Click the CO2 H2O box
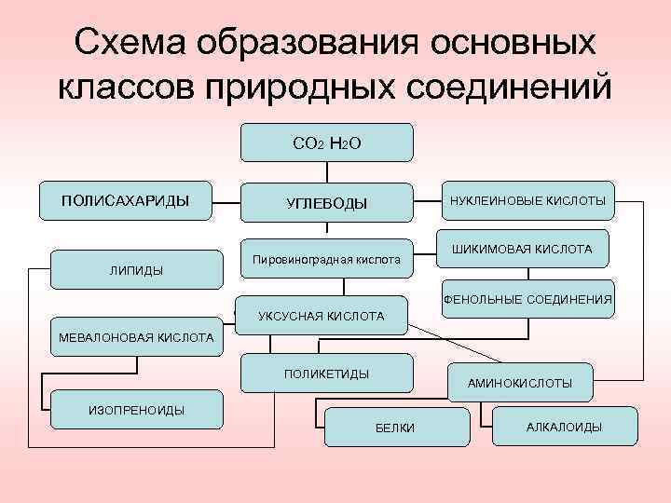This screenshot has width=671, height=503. point(326,143)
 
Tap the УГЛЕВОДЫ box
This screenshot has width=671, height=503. point(326,202)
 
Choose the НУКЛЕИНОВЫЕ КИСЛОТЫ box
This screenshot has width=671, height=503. point(527,200)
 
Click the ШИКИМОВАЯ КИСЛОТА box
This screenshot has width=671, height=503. point(522,250)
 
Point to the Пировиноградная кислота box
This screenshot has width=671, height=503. point(326,260)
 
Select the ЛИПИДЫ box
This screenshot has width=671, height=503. point(136,270)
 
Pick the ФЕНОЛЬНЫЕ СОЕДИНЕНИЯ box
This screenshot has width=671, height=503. point(527,299)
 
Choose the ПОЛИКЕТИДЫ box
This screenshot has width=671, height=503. point(326,373)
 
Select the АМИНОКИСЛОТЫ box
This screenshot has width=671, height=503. point(520,382)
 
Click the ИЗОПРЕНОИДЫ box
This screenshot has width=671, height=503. point(136,409)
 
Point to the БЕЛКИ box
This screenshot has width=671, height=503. point(395,427)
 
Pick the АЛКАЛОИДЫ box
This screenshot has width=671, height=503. point(564,427)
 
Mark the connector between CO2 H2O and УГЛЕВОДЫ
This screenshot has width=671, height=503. point(326,171)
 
